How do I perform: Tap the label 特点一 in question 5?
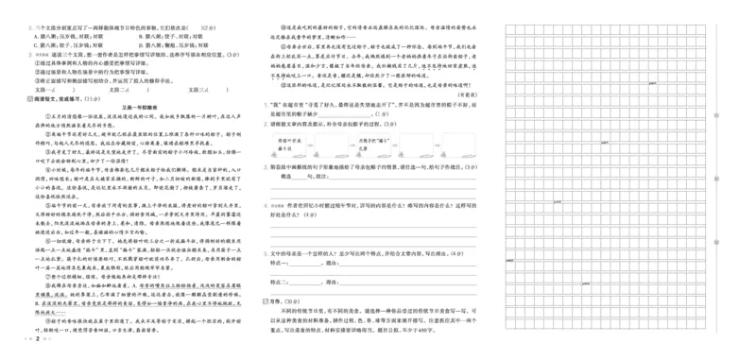[280, 267]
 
